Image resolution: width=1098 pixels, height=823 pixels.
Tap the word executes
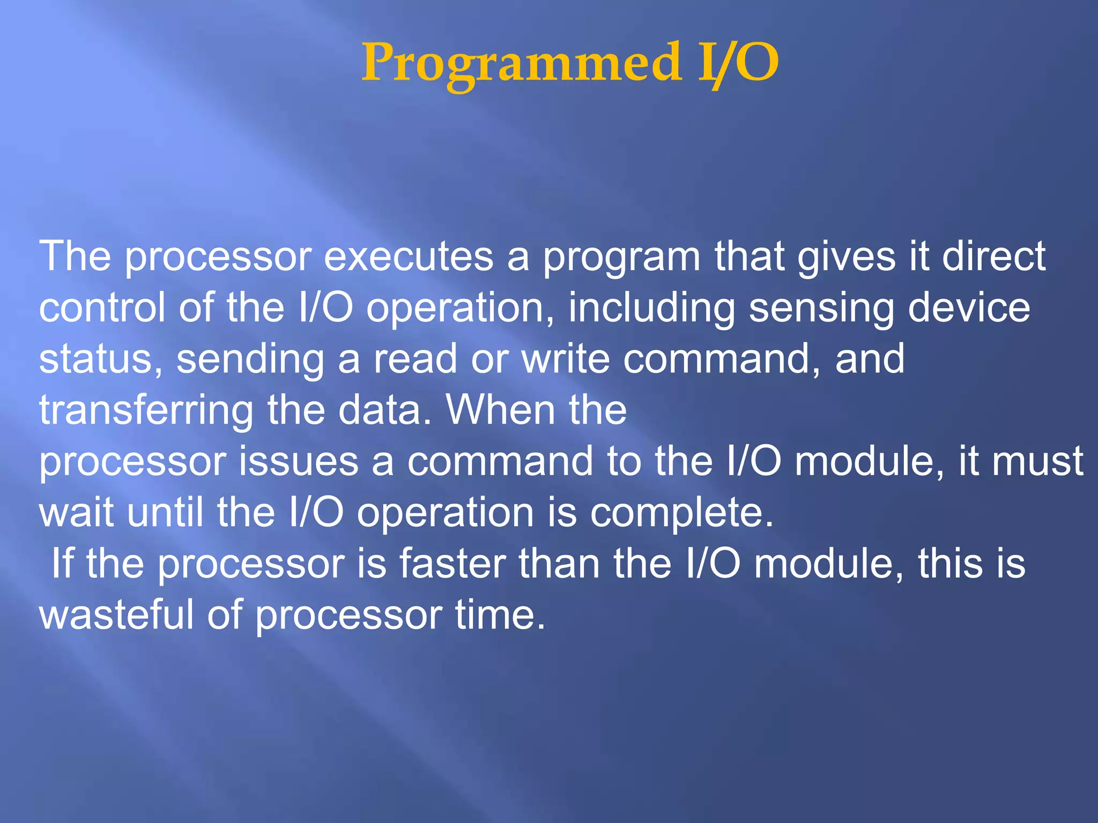click(x=409, y=257)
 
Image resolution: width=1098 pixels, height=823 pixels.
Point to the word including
click(x=651, y=309)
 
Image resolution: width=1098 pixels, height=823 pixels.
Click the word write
click(x=566, y=359)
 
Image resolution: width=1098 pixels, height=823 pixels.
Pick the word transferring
click(x=146, y=411)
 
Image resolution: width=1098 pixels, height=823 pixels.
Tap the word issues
click(x=298, y=461)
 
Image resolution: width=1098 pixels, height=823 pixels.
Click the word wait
click(x=76, y=513)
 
